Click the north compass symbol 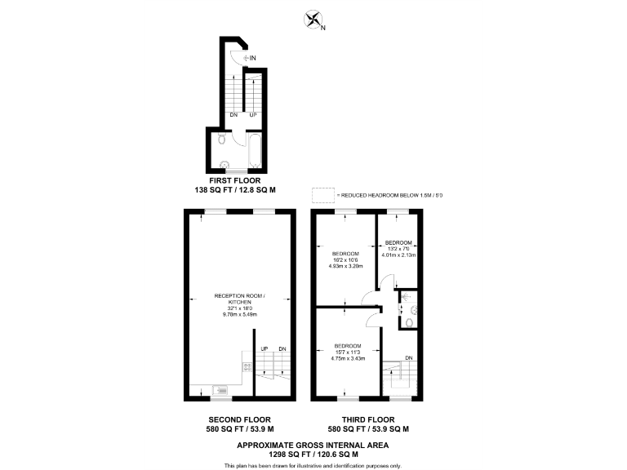(312, 20)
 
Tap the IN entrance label (253, 58)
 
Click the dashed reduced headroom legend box (323, 195)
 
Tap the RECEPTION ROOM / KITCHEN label (240, 298)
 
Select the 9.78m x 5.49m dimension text (240, 314)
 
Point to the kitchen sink (219, 389)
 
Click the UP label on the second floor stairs (265, 350)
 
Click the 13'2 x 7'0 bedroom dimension (398, 249)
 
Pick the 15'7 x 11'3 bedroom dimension (348, 352)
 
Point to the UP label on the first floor (253, 114)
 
